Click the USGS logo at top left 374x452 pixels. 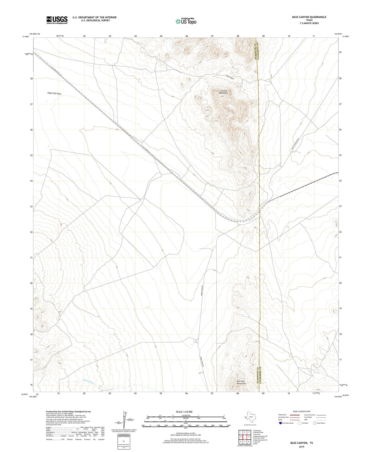[57, 20]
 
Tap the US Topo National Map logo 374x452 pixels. [186, 21]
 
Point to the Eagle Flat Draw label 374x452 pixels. [54, 93]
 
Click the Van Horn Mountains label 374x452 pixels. [241, 382]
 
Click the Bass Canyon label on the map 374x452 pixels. [230, 77]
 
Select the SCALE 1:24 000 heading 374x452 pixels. [184, 412]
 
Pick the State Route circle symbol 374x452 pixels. [315, 423]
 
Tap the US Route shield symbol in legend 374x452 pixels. [299, 423]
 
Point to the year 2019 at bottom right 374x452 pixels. [302, 447]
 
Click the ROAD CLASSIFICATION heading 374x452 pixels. [302, 411]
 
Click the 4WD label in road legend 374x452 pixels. [306, 420]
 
